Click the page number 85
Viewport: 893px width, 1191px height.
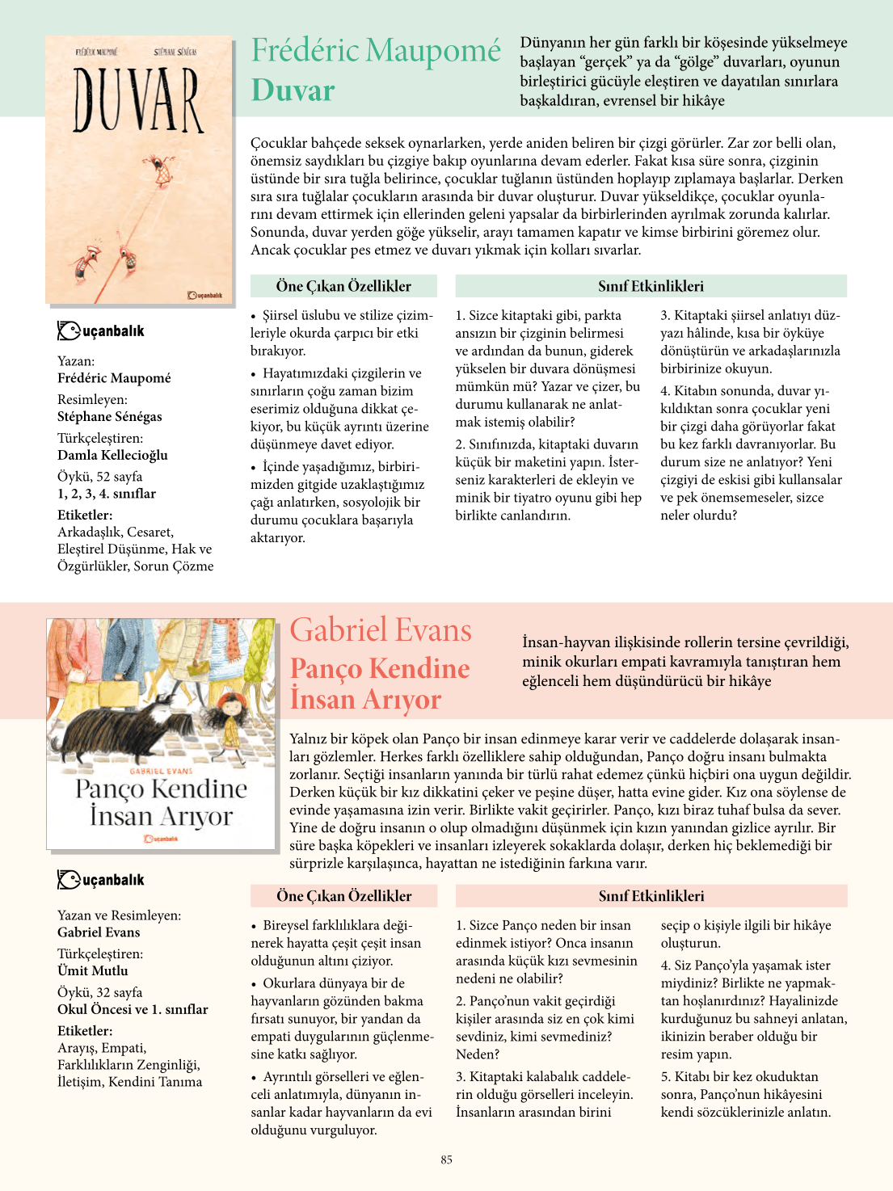(x=447, y=1159)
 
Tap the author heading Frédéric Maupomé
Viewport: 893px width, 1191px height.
(x=376, y=50)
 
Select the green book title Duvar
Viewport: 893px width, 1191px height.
(x=293, y=90)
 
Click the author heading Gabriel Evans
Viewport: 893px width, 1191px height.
(x=381, y=630)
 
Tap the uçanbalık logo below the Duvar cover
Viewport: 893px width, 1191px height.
(x=101, y=330)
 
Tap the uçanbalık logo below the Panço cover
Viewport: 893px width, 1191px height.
(x=101, y=879)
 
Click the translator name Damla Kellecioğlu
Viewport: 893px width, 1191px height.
(x=112, y=455)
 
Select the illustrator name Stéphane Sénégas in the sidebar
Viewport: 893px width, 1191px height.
(x=109, y=417)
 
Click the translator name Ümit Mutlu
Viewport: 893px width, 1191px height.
(x=92, y=970)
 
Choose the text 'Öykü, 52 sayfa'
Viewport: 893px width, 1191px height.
(x=99, y=477)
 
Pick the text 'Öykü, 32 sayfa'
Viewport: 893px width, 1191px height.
(x=99, y=992)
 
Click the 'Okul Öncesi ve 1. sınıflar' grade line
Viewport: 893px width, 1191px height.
(x=133, y=1009)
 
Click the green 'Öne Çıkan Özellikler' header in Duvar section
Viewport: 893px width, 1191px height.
(x=343, y=286)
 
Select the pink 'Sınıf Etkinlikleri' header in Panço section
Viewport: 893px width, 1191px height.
(x=651, y=896)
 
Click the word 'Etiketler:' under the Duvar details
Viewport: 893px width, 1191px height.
(x=85, y=515)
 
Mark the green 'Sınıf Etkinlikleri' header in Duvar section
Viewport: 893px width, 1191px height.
(x=651, y=286)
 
